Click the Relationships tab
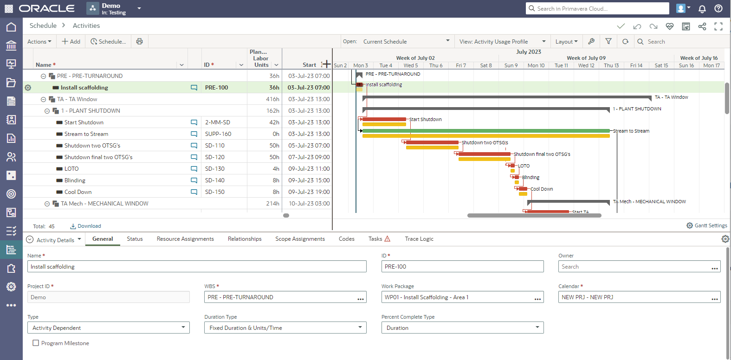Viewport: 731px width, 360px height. pyautogui.click(x=245, y=239)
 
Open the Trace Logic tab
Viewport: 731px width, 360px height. pyautogui.click(x=419, y=239)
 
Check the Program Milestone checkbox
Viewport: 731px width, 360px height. pyautogui.click(x=36, y=343)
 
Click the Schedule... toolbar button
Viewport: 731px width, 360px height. pyautogui.click(x=108, y=41)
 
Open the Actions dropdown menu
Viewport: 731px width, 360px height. pyautogui.click(x=39, y=41)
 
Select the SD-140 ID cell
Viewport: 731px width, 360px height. pyautogui.click(x=214, y=180)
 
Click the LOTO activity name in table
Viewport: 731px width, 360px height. pyautogui.click(x=71, y=169)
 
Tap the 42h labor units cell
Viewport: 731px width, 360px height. pyautogui.click(x=274, y=122)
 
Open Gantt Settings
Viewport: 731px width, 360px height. pyautogui.click(x=707, y=225)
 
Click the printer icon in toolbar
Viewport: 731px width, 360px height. pyautogui.click(x=139, y=41)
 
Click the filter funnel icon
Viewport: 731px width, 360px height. pyautogui.click(x=608, y=41)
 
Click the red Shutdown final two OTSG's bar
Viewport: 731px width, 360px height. pyautogui.click(x=485, y=154)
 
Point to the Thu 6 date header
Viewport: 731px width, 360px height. pyautogui.click(x=436, y=65)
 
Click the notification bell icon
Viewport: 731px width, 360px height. pyautogui.click(x=702, y=8)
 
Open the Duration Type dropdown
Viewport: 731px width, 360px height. pyautogui.click(x=285, y=328)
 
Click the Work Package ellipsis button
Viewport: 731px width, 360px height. pyautogui.click(x=537, y=298)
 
